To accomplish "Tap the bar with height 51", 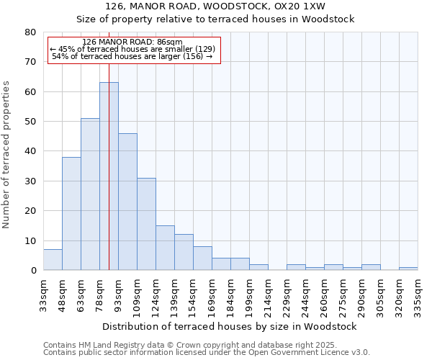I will pos(90,194).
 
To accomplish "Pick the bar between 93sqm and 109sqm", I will pos(127,202).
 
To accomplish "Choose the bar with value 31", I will pos(146,224).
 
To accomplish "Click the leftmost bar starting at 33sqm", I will pos(53,260).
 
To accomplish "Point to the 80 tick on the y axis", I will pos(30,32).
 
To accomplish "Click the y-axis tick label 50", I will pos(30,122).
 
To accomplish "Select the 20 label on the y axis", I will pos(30,211).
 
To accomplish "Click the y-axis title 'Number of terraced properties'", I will pos(6,155).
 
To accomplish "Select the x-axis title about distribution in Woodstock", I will pos(229,326).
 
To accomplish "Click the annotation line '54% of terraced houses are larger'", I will pos(132,56).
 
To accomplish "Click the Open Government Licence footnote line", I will pos(207,352).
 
